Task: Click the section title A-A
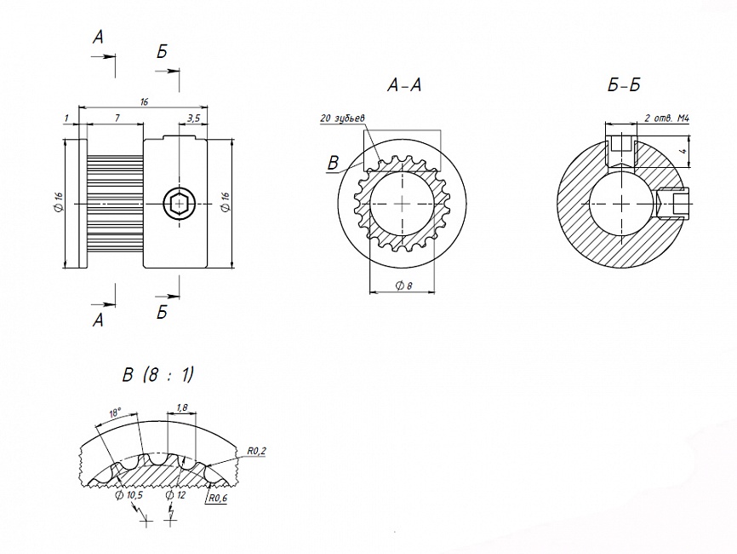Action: (403, 85)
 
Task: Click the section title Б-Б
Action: (624, 85)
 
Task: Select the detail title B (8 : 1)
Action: (158, 375)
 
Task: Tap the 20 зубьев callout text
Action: (342, 118)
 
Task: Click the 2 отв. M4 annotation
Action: (666, 118)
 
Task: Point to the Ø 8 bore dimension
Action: (403, 286)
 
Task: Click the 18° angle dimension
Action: (115, 413)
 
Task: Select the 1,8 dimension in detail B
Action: (181, 407)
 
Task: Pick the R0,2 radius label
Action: (256, 451)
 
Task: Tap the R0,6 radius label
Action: (217, 499)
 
